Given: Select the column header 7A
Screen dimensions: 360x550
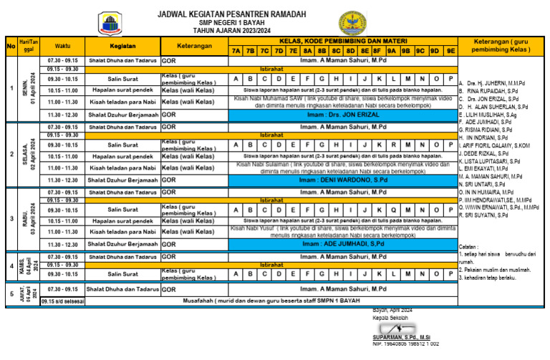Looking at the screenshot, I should coord(236,51).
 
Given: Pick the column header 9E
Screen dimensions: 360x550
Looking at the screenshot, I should coord(450,51).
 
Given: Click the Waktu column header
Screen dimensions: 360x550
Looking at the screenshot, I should coord(62,46).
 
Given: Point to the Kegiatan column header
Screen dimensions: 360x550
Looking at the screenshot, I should coord(123,46).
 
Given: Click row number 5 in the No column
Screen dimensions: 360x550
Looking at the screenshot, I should coord(11,293).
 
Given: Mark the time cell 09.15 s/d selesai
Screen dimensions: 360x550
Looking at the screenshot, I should coord(62,301).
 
